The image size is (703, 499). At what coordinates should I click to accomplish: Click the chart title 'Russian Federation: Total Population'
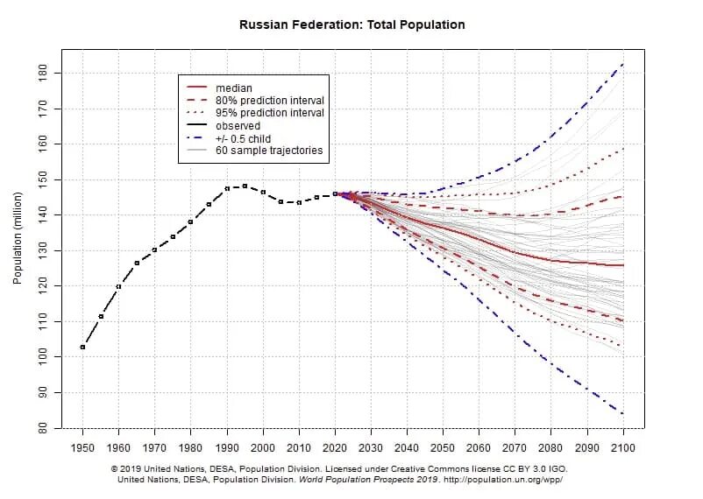coord(352,25)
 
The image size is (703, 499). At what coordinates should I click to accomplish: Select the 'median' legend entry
coord(233,88)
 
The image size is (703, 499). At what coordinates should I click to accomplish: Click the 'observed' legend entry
coord(238,126)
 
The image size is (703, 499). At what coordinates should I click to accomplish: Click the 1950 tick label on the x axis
coord(82,447)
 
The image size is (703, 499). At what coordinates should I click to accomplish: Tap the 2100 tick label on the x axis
coord(623,447)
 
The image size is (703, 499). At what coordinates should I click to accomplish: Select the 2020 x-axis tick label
coord(335,447)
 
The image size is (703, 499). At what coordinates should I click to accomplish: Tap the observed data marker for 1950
coord(82,348)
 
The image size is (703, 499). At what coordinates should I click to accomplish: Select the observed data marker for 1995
coord(245,186)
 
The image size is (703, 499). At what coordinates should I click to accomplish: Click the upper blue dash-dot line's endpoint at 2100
coord(623,63)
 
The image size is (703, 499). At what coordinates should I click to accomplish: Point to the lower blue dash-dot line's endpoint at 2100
coord(623,414)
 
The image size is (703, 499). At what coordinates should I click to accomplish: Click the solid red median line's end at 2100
coord(623,264)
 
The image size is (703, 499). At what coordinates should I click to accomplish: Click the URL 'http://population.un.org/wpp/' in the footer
coord(502,480)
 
